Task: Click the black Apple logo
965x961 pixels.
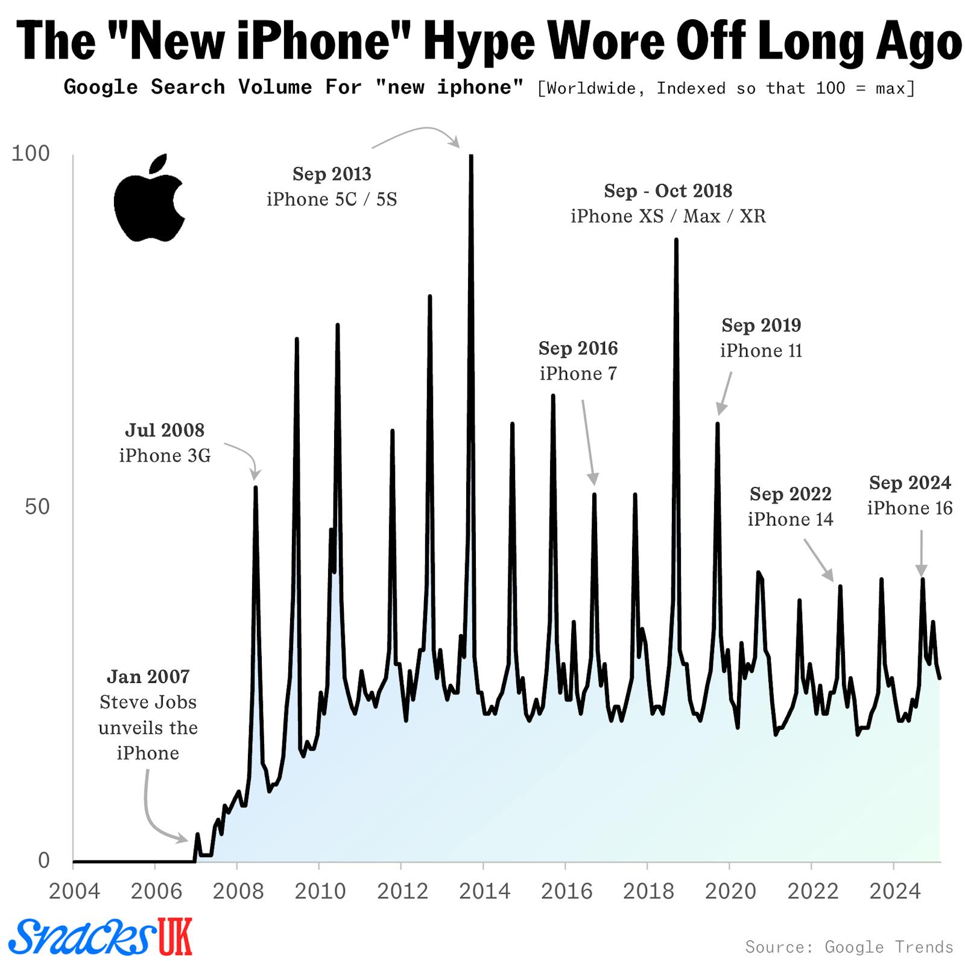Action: [149, 200]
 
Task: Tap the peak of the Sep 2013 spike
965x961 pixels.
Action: [471, 156]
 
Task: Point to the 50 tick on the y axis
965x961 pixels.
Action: [37, 507]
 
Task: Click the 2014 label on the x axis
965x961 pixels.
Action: [484, 890]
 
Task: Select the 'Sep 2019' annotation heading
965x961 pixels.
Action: [761, 325]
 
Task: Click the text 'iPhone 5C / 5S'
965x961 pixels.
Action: [332, 199]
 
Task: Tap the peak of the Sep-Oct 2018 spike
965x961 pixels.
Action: [676, 240]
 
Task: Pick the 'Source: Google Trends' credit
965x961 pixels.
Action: [849, 946]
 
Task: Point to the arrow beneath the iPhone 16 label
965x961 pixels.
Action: [921, 553]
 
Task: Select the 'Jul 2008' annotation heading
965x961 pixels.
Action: [165, 430]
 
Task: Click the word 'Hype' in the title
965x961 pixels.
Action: [478, 41]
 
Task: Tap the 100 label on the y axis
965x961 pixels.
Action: [31, 153]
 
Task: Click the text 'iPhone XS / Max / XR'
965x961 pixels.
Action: [668, 216]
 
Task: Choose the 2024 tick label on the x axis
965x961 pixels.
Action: [894, 890]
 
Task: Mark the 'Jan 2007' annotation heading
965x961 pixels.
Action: [148, 676]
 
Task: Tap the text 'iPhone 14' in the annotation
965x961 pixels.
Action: [790, 519]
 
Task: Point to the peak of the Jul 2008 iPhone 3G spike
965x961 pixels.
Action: [256, 487]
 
